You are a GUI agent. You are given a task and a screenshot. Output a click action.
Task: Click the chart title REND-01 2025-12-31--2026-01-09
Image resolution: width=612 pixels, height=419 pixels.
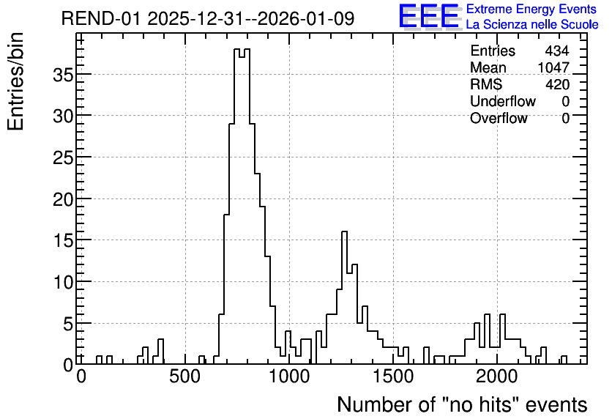coord(208,18)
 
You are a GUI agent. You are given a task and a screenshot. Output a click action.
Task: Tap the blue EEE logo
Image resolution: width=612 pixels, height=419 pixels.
coord(429,16)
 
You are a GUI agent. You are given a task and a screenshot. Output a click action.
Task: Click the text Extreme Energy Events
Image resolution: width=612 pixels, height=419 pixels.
coord(531,9)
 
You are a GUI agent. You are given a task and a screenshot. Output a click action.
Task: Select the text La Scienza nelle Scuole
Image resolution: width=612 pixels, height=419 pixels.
coord(532,25)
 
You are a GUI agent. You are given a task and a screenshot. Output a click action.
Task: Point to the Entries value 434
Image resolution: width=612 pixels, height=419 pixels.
coord(557,51)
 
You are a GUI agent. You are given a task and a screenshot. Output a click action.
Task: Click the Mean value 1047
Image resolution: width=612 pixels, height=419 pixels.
coord(553,67)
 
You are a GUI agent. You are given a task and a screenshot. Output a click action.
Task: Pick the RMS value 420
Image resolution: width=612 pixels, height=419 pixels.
coord(557,84)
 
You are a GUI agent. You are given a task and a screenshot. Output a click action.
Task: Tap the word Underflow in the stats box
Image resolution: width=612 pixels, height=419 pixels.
coord(503,101)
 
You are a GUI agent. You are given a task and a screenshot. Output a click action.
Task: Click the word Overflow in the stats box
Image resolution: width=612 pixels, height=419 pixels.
coord(499,118)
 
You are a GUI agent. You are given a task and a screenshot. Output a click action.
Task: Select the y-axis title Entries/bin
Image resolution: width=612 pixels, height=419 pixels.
coord(15,81)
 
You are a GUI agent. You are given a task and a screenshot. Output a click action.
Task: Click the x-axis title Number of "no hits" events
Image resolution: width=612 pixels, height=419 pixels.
coord(462,404)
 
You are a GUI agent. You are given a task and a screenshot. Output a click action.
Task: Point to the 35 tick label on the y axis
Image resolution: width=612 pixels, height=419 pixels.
coord(63,75)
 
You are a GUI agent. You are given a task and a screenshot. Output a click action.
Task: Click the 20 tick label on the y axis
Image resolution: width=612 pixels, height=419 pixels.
coord(63,199)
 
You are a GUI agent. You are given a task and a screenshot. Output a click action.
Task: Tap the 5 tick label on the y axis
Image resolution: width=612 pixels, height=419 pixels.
coord(68,324)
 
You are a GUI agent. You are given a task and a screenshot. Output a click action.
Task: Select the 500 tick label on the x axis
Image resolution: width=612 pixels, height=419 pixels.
coord(185,377)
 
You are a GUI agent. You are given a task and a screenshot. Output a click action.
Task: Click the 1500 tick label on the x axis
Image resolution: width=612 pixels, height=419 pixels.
coord(393,377)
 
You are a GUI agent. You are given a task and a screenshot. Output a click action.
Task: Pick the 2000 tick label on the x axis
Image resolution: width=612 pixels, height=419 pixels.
coord(497,377)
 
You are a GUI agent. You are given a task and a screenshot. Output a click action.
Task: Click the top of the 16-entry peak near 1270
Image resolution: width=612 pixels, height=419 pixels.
coord(344,231)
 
